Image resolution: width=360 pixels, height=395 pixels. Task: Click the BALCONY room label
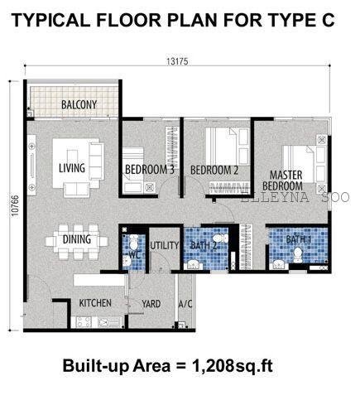click(79, 104)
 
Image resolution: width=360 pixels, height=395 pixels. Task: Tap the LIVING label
click(72, 168)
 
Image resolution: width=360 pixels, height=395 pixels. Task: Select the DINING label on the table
click(77, 239)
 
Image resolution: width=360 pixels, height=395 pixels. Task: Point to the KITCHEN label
click(95, 303)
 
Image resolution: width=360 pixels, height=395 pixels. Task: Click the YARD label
click(151, 304)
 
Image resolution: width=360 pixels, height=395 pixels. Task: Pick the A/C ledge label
click(185, 304)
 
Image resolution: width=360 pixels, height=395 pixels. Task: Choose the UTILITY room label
click(165, 245)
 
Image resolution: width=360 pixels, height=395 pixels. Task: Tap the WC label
click(135, 255)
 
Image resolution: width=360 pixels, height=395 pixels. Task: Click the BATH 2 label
click(204, 245)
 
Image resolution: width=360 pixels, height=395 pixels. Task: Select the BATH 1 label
click(298, 239)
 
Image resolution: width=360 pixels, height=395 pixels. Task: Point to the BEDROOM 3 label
click(150, 170)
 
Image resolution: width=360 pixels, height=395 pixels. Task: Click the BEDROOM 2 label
click(214, 170)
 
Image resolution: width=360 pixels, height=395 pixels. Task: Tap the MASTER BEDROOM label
click(282, 181)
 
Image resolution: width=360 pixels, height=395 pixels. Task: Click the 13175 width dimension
click(177, 61)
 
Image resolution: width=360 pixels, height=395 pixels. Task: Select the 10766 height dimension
click(15, 205)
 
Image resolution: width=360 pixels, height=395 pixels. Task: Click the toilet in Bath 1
click(298, 255)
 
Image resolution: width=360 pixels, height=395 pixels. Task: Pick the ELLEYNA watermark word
click(275, 197)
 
